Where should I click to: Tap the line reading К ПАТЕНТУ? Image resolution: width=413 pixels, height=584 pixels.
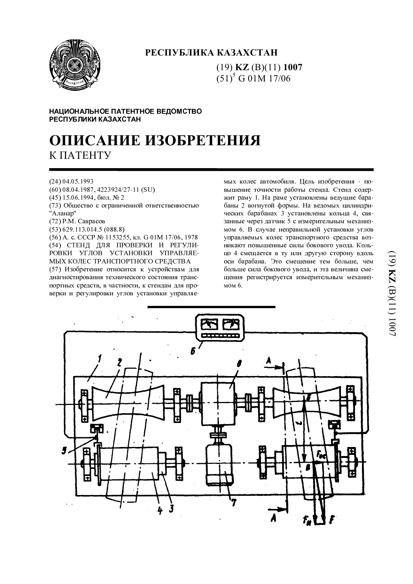click(x=80, y=155)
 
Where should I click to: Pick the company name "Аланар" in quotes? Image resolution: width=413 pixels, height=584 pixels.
click(x=63, y=213)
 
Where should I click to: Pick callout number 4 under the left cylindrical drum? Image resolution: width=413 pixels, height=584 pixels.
click(x=160, y=510)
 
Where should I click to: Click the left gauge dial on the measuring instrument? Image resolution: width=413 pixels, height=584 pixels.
click(x=209, y=325)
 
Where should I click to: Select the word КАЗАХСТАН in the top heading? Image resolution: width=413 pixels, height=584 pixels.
click(x=247, y=53)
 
